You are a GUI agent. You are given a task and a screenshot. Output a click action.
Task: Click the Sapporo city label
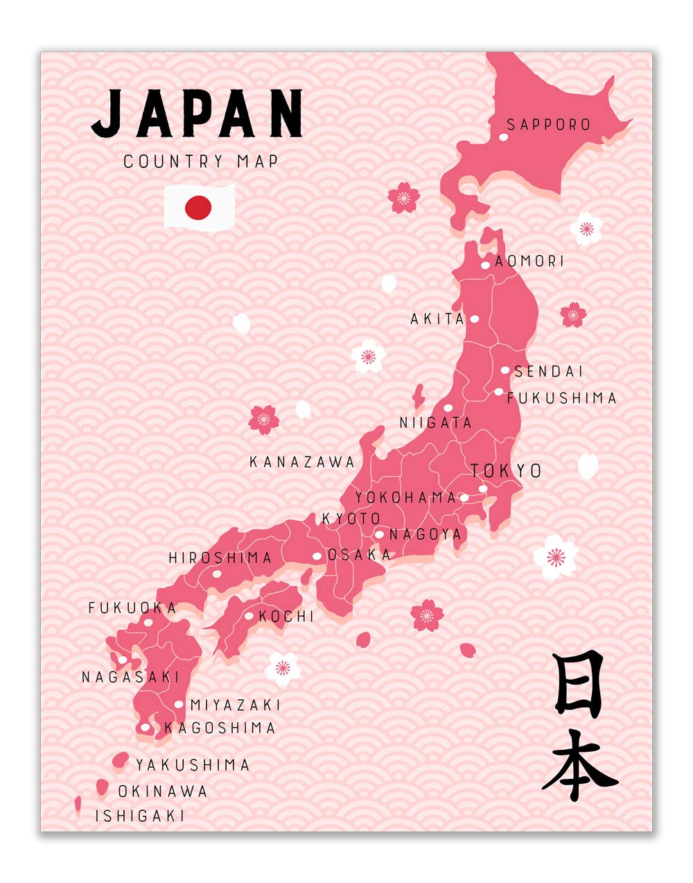[x=548, y=125]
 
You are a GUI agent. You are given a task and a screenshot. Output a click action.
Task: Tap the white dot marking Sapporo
[x=503, y=137]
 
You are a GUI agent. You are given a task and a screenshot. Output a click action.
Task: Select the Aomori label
[x=529, y=262]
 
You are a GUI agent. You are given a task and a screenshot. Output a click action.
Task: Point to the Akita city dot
[x=475, y=319]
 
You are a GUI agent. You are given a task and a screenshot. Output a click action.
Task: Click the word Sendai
[x=549, y=372]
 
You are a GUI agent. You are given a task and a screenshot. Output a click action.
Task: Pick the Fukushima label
[x=561, y=398]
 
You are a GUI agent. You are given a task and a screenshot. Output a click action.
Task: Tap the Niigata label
[x=435, y=422]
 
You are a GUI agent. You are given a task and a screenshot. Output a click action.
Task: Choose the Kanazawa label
[x=302, y=462]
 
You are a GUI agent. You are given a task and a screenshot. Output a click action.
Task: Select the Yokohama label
[x=406, y=497]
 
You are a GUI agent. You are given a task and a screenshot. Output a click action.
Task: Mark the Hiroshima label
[x=220, y=558]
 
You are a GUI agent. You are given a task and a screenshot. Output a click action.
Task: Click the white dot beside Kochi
[x=249, y=616]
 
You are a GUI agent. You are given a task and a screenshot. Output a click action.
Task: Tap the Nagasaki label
[x=130, y=677]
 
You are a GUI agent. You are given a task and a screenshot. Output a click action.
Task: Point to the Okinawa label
[x=163, y=791]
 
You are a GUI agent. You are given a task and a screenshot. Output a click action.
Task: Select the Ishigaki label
[x=140, y=816]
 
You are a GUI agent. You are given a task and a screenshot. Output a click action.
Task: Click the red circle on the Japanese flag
[x=198, y=207]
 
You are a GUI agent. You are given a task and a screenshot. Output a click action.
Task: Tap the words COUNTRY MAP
[x=201, y=162]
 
